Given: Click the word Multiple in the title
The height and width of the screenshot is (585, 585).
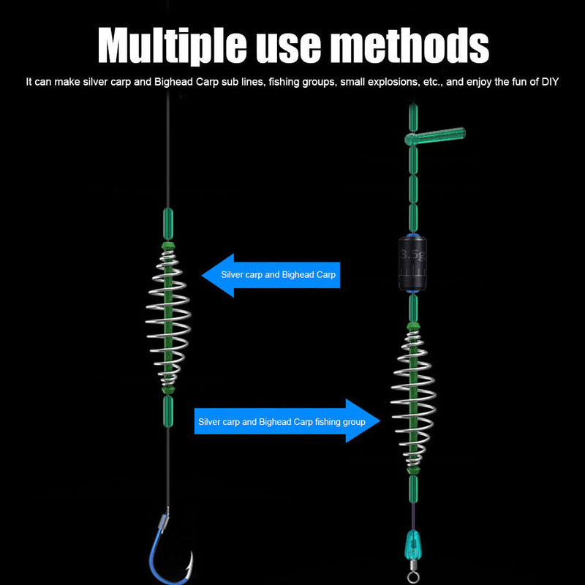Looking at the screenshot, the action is tap(173, 45).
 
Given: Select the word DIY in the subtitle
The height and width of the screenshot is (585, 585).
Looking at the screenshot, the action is tap(550, 82).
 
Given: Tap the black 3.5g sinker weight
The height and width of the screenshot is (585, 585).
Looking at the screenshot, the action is tap(412, 263).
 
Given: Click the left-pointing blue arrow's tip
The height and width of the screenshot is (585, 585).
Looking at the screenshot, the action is tap(203, 276).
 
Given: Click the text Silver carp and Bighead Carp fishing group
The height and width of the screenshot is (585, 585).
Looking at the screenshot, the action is tap(282, 422).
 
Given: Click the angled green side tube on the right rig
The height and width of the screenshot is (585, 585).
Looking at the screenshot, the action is tap(435, 136).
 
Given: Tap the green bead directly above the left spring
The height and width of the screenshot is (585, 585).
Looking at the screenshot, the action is tap(168, 224).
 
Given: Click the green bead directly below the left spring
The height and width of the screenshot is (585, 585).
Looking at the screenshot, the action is tap(168, 411).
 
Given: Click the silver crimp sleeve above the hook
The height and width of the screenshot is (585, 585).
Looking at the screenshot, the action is tap(163, 521).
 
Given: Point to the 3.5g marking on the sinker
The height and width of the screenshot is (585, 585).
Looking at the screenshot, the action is tap(412, 256).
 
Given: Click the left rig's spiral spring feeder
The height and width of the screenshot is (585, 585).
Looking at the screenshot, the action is tap(168, 317).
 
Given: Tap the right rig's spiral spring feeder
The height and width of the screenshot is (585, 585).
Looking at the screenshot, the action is tap(413, 399).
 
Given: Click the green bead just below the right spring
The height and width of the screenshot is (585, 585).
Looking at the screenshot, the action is tap(413, 488).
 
